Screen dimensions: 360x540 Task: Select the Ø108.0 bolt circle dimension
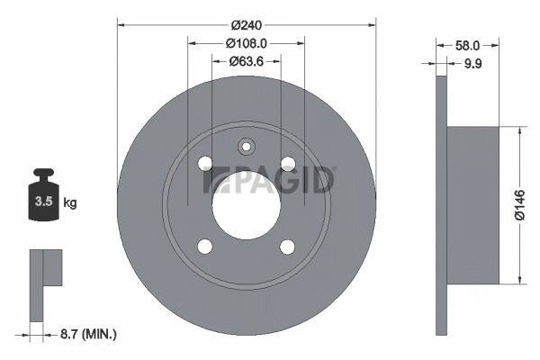tap(246, 43)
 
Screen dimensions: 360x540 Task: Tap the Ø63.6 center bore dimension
tap(246, 61)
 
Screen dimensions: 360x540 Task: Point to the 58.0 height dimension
tap(467, 43)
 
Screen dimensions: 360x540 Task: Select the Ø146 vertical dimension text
tap(519, 205)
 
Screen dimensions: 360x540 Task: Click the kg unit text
tap(70, 203)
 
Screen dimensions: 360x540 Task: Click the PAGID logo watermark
tap(270, 180)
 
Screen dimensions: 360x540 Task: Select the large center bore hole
tap(246, 203)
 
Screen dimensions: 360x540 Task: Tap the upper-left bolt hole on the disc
tap(204, 163)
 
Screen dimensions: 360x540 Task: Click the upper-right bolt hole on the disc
tap(287, 163)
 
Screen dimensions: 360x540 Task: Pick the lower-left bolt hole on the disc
tap(204, 246)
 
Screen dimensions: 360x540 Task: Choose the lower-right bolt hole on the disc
tap(287, 246)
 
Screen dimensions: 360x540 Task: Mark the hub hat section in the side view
tap(472, 205)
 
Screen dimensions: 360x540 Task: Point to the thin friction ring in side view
tap(440, 205)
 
